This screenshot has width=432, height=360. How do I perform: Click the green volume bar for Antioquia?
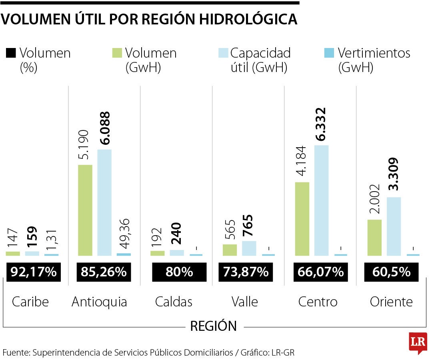click(85, 210)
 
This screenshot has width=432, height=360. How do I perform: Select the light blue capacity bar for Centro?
click(321, 200)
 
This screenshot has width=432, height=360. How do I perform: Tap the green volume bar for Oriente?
click(374, 237)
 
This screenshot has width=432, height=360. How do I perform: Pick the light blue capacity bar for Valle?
click(249, 248)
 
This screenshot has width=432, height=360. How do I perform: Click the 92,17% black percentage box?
click(34, 272)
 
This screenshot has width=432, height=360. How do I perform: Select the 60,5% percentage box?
click(391, 272)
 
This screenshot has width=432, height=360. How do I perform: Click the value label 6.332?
click(321, 124)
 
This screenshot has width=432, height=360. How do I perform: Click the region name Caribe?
click(30, 302)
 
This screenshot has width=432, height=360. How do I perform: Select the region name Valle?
click(245, 302)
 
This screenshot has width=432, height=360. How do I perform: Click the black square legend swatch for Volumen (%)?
click(11, 53)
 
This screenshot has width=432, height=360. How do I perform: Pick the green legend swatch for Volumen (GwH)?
click(117, 53)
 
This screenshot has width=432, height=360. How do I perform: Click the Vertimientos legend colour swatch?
click(329, 53)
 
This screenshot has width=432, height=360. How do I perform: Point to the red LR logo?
click(418, 342)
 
